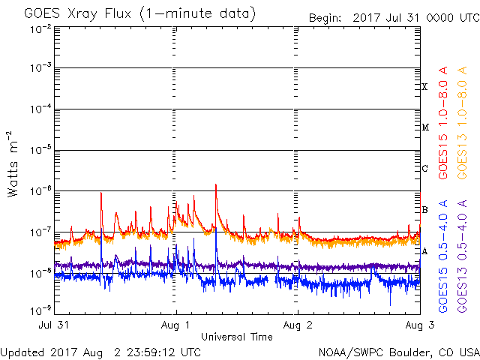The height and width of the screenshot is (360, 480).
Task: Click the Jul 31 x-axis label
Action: tap(54, 325)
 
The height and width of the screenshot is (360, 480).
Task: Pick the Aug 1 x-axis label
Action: tap(176, 325)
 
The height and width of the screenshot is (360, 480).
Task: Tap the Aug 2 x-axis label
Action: tap(298, 325)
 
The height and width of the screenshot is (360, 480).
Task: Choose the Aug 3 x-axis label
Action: tap(418, 325)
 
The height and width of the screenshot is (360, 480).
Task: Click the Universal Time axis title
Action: tap(236, 337)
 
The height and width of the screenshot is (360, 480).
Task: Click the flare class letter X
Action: tap(424, 87)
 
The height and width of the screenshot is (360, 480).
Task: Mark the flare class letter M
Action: tap(425, 127)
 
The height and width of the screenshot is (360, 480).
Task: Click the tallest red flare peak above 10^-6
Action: tap(216, 184)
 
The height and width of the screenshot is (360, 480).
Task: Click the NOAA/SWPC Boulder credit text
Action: tap(398, 352)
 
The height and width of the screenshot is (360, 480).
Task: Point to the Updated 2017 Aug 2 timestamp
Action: tap(100, 352)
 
